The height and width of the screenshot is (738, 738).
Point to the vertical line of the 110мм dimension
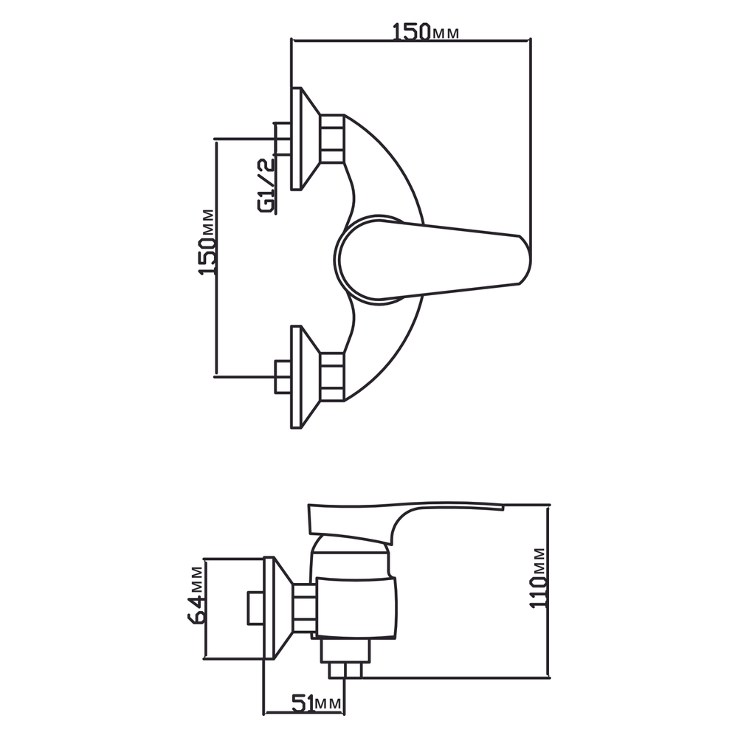(x=549, y=590)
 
